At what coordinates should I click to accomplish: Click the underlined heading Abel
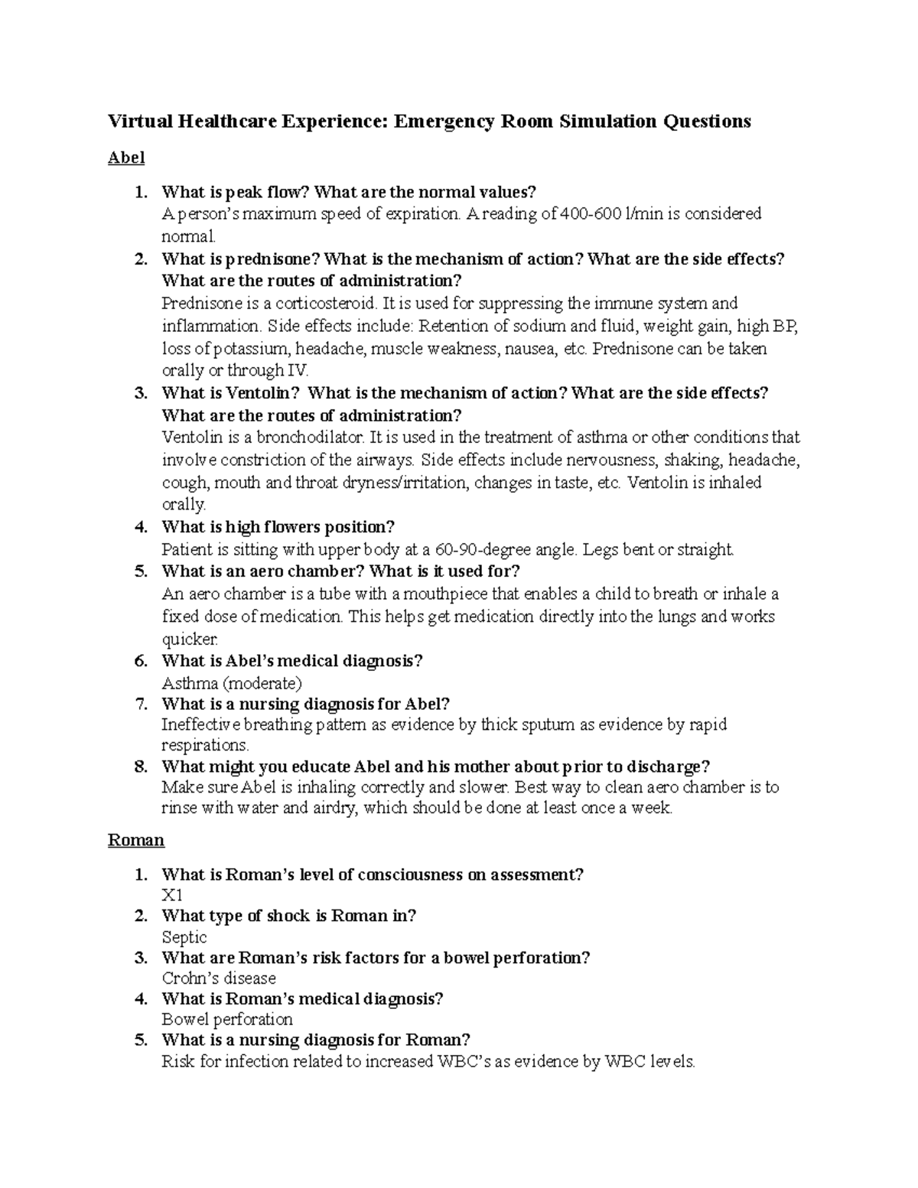pyautogui.click(x=125, y=158)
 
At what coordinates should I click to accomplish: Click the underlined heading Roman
pyautogui.click(x=136, y=840)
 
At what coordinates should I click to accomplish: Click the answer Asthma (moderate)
pyautogui.click(x=232, y=682)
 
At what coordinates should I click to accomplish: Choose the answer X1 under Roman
pyautogui.click(x=172, y=895)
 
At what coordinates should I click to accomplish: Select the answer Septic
pyautogui.click(x=184, y=937)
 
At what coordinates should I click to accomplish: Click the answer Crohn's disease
pyautogui.click(x=219, y=978)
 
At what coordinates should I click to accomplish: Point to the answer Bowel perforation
pyautogui.click(x=227, y=1020)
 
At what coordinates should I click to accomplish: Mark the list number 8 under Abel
pyautogui.click(x=140, y=767)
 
